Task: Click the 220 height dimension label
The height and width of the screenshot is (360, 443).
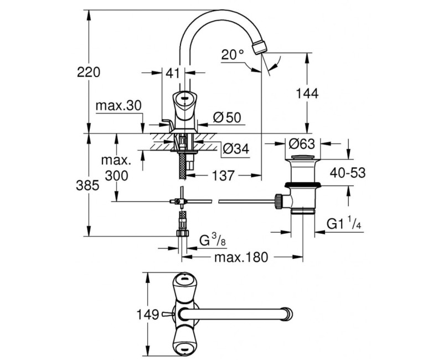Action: pos(89,73)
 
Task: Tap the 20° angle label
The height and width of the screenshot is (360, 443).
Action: pos(232,54)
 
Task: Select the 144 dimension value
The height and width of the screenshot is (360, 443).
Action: pos(307,93)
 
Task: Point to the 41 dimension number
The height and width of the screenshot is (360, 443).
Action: pos(172,73)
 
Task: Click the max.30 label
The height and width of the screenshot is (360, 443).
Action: pos(119,106)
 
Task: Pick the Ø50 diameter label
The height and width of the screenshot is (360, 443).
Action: pos(227,117)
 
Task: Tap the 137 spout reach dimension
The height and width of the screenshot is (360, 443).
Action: pos(223,176)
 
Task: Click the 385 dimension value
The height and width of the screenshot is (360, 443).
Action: pos(87,186)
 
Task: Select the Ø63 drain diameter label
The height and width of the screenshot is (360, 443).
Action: pos(301,144)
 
